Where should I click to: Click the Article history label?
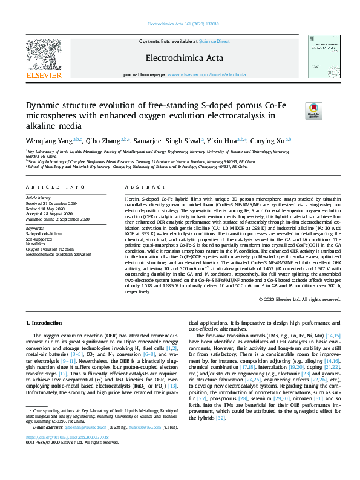pos(39,198)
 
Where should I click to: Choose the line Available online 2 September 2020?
pos(57,218)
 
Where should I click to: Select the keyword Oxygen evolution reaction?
pos(50,249)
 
